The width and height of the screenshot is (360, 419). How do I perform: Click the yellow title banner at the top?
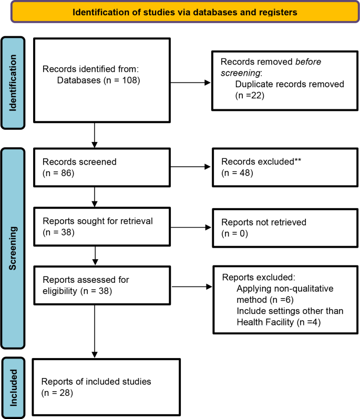pyautogui.click(x=184, y=12)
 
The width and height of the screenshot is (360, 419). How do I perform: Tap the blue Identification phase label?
pyautogui.click(x=19, y=83)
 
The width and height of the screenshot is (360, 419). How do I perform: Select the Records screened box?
pyautogui.click(x=102, y=168)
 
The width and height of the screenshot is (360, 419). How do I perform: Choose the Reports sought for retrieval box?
pyautogui.click(x=102, y=227)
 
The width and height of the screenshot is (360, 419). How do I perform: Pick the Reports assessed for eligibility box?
pyautogui.click(x=102, y=285)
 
